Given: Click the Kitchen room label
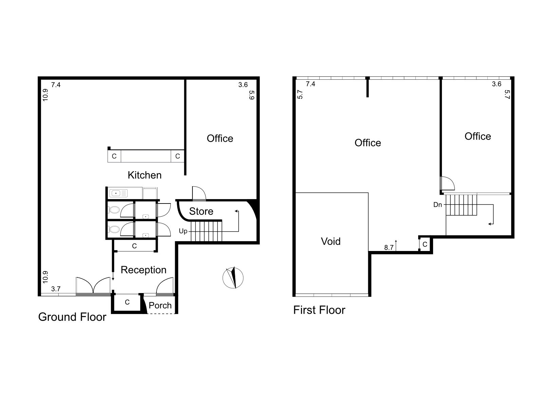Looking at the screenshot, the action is pos(145,175).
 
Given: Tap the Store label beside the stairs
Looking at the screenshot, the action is pos(201,211).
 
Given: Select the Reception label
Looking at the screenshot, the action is pos(144,270).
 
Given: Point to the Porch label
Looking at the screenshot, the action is pos(160,306).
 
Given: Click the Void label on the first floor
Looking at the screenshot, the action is pos(331,241).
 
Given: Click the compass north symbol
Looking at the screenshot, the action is pos(233,278).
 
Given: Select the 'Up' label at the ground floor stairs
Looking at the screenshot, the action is pos(183,231).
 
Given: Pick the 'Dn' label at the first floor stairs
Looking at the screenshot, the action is pos(437,205).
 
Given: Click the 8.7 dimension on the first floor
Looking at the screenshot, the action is pos(389,248).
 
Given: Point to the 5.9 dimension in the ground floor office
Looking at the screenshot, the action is pos(251,95).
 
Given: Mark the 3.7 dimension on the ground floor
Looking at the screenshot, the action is pos(56,289).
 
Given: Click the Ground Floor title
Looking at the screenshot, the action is pos(72,317).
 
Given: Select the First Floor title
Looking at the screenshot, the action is pos(319,310).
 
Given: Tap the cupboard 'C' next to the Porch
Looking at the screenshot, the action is pos(127,302).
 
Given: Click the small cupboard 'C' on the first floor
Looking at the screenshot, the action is pos(425,245).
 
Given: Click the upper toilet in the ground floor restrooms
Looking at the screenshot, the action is pos(114,210).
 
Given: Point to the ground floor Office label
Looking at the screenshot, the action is pos(220,139).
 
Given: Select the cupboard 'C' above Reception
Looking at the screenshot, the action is pos(134,246).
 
